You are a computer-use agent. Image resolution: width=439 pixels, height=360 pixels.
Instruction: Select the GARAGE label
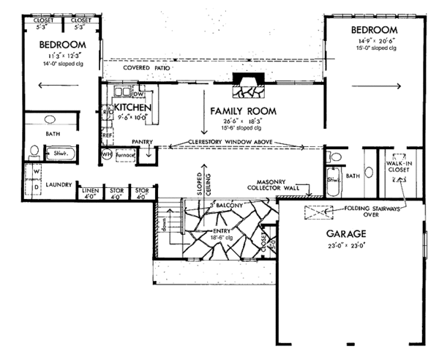[345, 236]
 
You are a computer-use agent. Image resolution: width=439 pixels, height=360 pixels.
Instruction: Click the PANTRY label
[141, 141]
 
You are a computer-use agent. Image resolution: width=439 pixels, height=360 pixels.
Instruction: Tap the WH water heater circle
[105, 155]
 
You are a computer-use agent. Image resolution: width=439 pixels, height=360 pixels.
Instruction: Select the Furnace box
[124, 156]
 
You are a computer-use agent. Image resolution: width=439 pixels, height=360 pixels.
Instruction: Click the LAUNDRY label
[58, 186]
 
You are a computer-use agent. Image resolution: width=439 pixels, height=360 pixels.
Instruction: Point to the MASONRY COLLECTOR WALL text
[275, 187]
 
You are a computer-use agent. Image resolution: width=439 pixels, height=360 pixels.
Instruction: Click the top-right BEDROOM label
[374, 30]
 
